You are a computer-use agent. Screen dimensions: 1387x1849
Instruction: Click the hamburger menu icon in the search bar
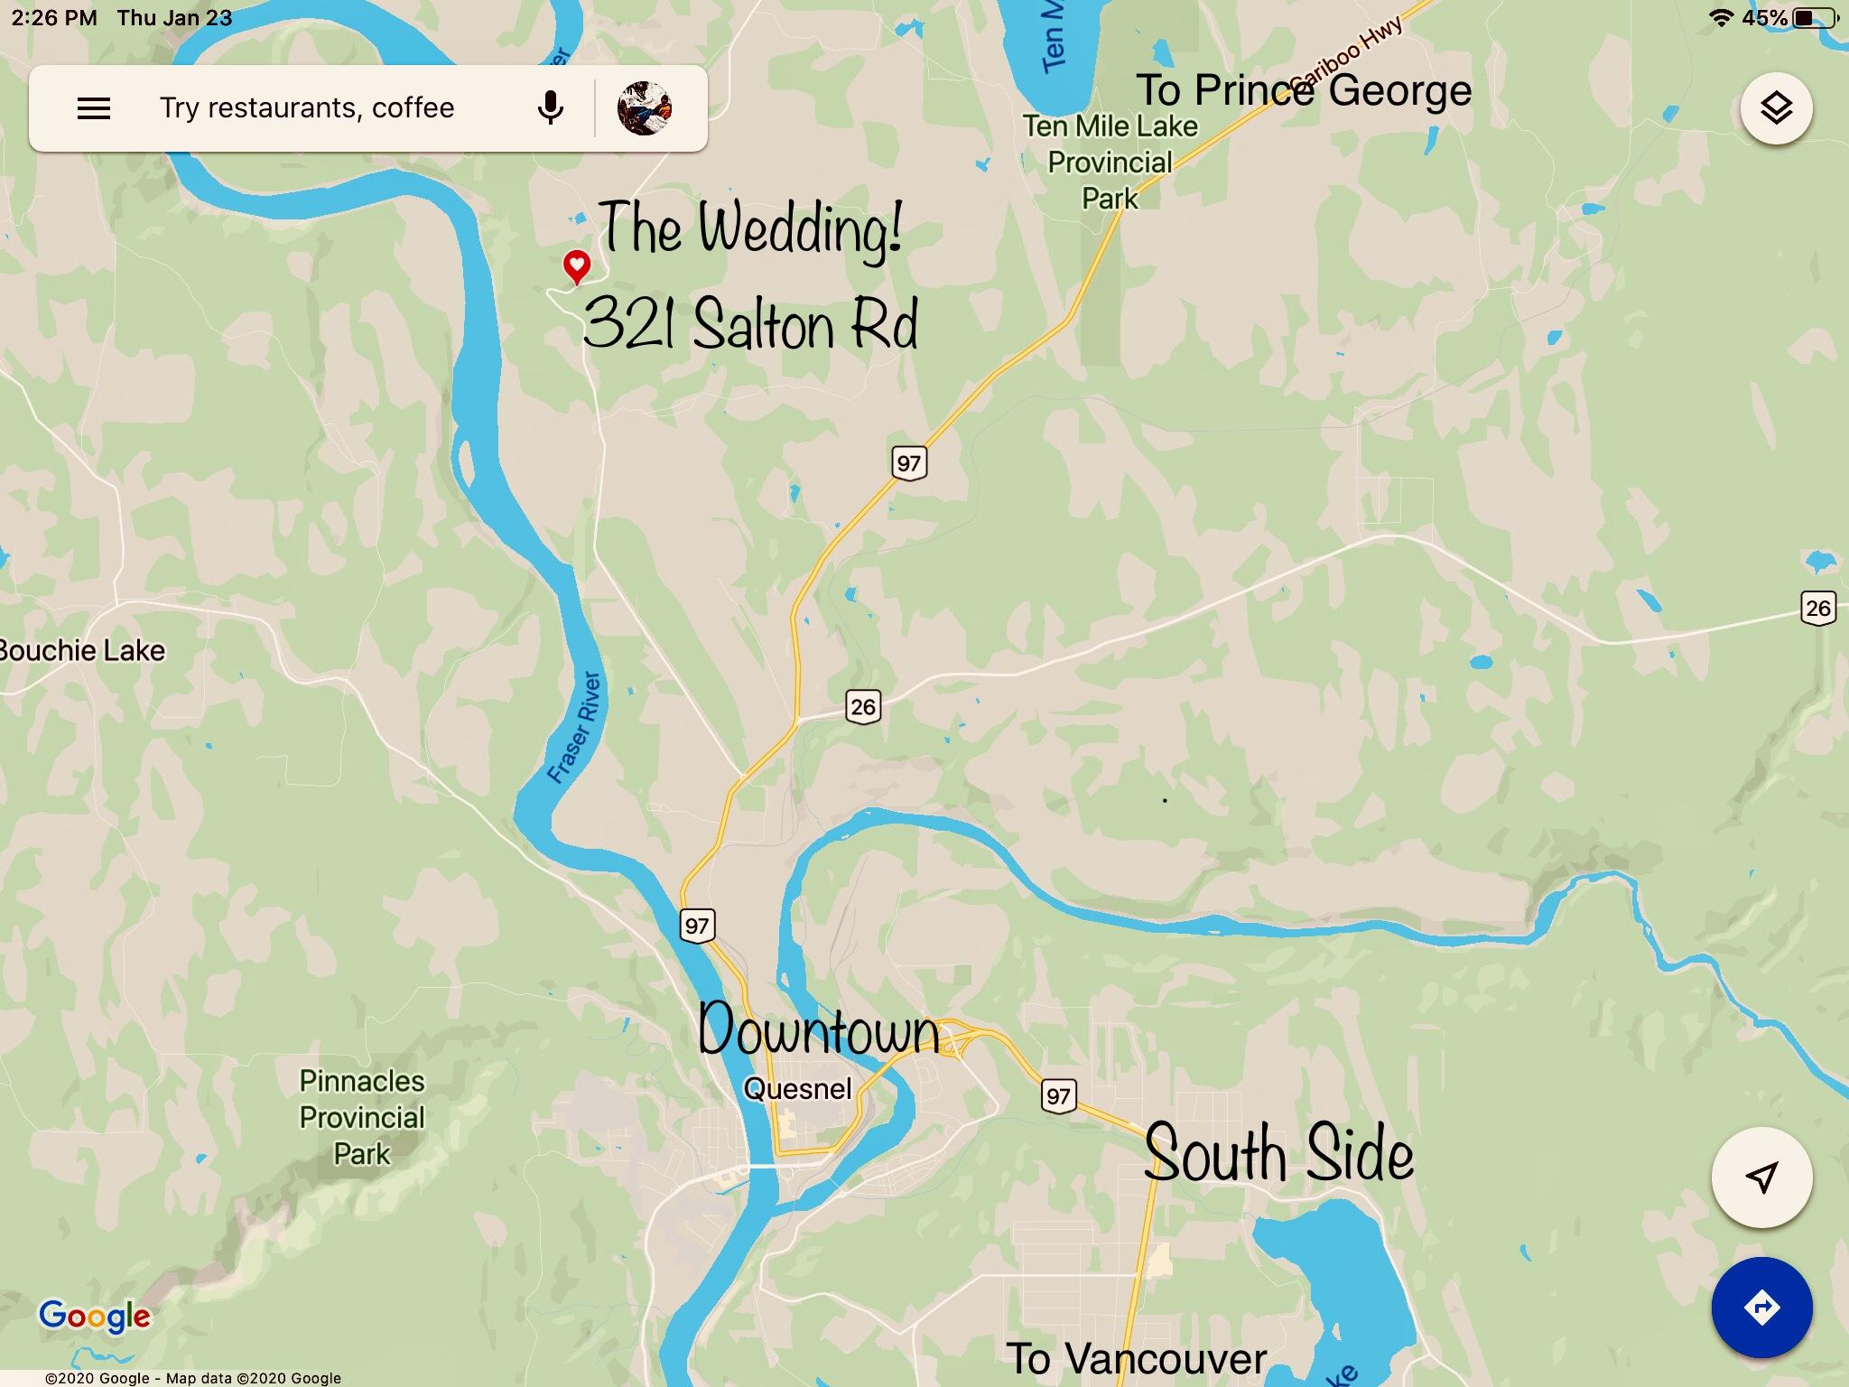coord(94,109)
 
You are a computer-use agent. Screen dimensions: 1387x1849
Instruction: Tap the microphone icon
coord(550,108)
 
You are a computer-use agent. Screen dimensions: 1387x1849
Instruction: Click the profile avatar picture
coord(644,108)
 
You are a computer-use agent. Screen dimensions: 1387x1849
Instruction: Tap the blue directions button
coord(1761,1307)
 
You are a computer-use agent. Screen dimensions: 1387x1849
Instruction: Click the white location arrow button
coord(1761,1177)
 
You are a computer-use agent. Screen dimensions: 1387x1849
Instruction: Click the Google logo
coord(94,1317)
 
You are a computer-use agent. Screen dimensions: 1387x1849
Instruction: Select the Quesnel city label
coord(797,1089)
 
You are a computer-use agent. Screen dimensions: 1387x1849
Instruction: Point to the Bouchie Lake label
coord(83,651)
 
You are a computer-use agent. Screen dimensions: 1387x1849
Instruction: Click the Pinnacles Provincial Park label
coord(362,1117)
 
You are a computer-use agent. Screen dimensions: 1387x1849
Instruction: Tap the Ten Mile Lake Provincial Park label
coord(1110,163)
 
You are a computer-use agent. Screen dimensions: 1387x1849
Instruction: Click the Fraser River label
coord(575,728)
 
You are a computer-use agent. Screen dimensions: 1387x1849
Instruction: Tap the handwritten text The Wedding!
coord(749,229)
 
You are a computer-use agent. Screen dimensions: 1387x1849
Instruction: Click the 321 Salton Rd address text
coord(749,325)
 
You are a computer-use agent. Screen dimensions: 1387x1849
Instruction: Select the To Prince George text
coord(1303,90)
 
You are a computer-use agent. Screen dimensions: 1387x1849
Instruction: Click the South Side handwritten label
coord(1278,1155)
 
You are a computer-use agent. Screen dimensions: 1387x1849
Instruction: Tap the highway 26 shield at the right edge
coord(1818,608)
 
